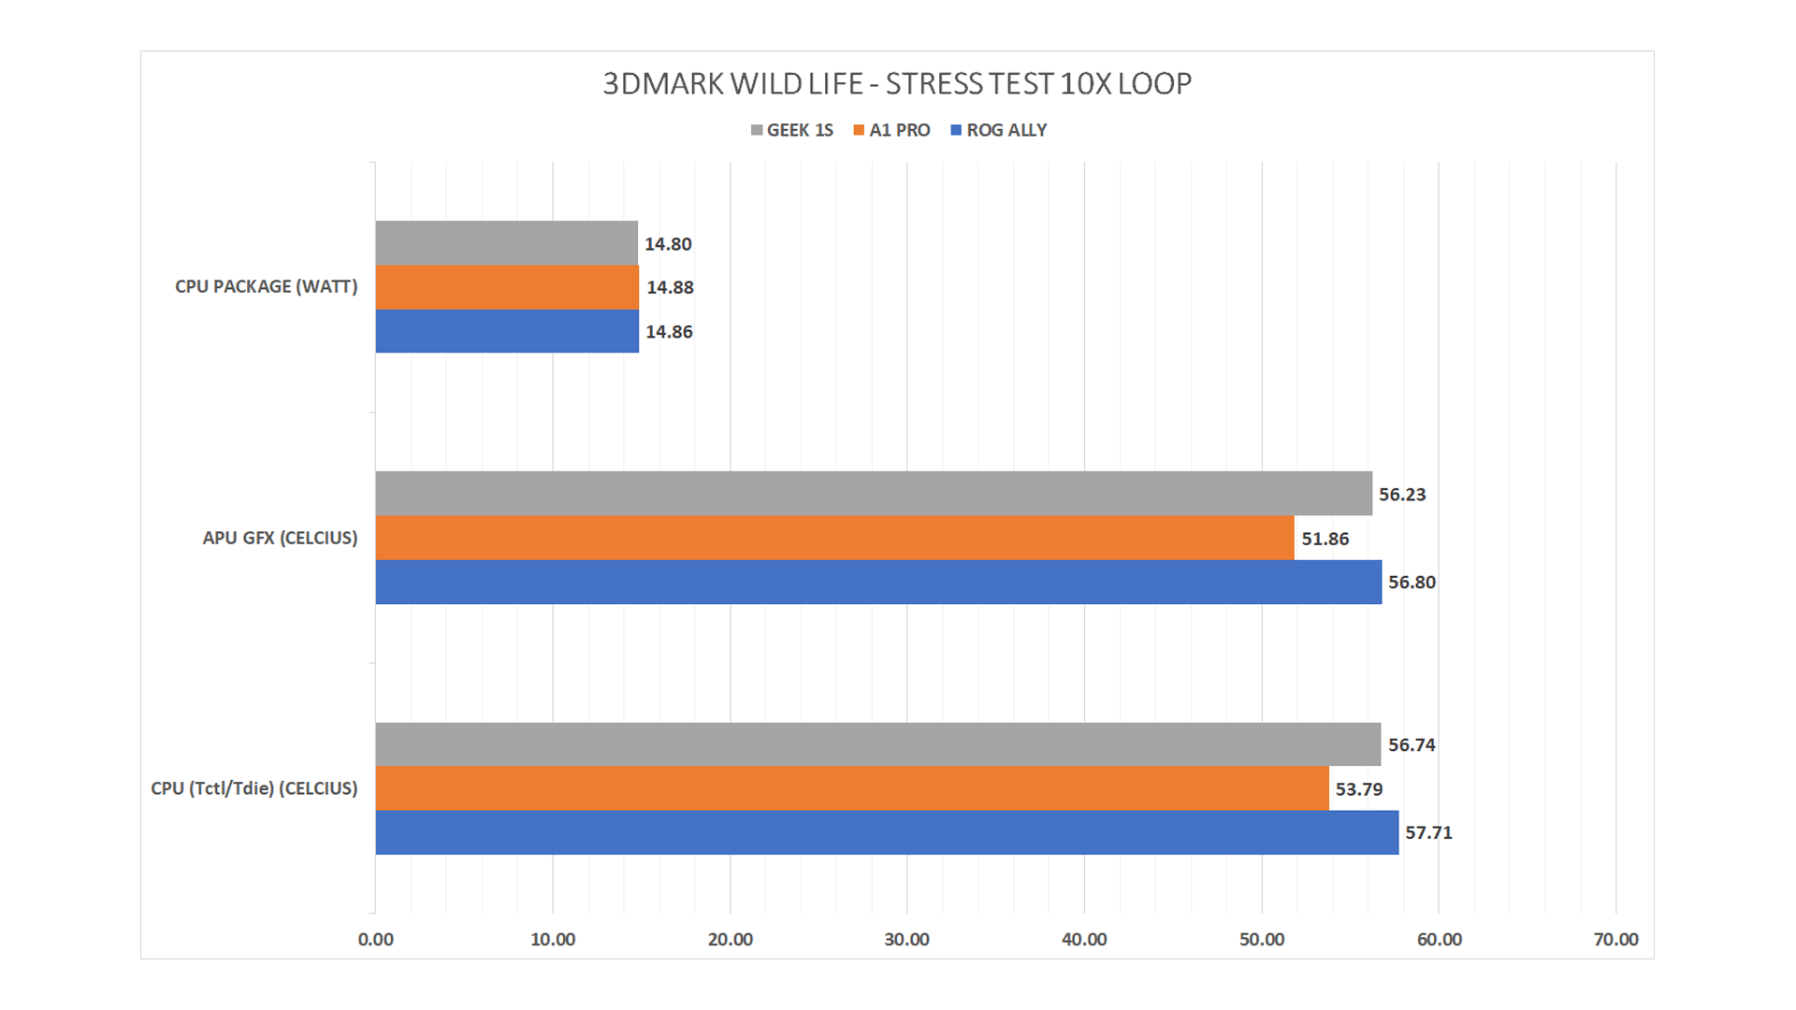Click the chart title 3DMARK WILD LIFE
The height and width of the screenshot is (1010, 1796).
coord(897,84)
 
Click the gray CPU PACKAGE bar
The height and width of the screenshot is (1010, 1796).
coord(506,243)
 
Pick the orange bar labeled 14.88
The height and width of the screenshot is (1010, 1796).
coord(507,287)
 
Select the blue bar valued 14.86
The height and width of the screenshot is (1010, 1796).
coord(507,331)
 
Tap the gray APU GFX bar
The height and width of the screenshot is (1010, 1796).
coord(874,493)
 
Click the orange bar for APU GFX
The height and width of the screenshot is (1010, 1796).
coord(834,538)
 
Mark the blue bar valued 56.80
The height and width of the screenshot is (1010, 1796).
coord(878,582)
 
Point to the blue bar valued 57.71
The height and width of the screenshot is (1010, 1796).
coord(887,832)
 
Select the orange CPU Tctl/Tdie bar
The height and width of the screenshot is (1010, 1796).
coord(852,788)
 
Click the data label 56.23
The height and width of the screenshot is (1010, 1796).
coord(1402,495)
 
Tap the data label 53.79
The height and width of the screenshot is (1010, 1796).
coord(1359,789)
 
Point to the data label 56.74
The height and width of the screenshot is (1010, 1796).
coord(1412,745)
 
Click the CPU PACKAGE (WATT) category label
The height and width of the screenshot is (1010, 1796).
coord(266,287)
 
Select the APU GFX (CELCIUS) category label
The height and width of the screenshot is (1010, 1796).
coord(280,538)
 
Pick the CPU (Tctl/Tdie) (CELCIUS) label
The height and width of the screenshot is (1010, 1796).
coord(254,788)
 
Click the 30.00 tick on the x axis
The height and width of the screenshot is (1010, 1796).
coord(906,940)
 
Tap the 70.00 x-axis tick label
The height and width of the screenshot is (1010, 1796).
coord(1615,940)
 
